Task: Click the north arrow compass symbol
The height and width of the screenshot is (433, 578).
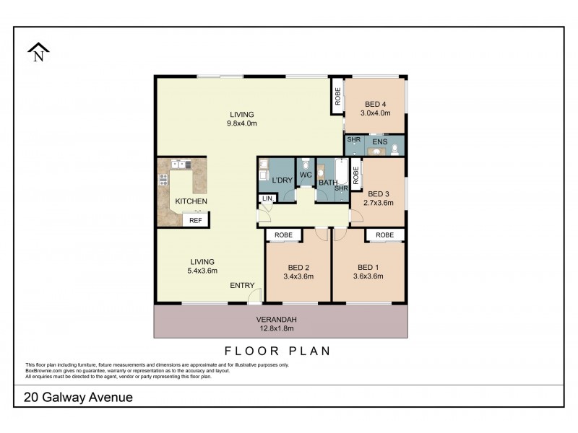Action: coord(37,52)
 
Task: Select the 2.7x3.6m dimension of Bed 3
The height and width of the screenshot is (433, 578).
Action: coord(380,203)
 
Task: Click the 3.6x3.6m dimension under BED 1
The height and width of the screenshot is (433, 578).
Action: coord(368,276)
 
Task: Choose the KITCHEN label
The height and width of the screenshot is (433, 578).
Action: coord(191,201)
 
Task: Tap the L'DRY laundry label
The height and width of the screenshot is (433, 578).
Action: coord(280,180)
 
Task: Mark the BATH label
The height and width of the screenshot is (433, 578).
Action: coord(328,183)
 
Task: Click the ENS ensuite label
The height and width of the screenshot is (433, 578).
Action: coord(379,142)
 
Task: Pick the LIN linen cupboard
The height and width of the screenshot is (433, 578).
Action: coord(267,198)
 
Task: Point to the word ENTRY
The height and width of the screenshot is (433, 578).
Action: coord(242,285)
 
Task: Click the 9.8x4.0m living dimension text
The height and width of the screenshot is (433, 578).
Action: coord(242,123)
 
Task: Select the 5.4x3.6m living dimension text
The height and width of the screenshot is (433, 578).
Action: coord(202,271)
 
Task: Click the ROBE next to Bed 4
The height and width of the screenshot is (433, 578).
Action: coord(337,99)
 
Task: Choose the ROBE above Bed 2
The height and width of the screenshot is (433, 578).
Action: coord(284,235)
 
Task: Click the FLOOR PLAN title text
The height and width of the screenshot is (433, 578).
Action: coord(277,351)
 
